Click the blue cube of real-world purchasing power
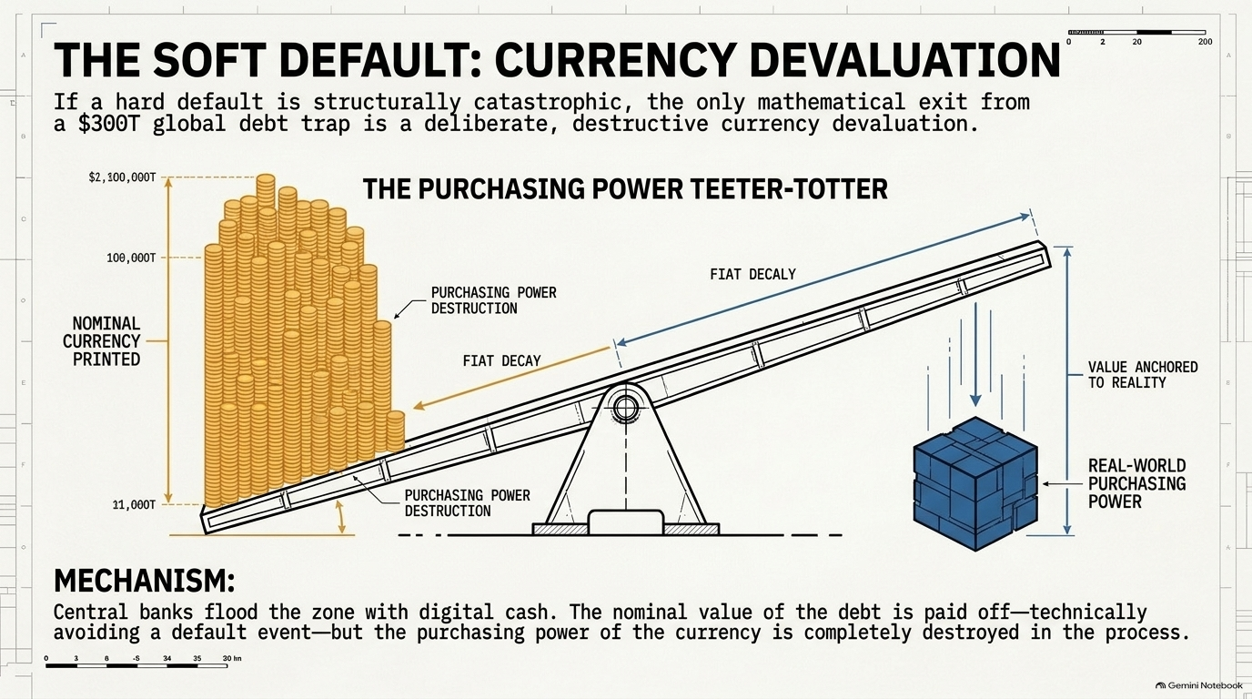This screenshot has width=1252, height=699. [x=975, y=483]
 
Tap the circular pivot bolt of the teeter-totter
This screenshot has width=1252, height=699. [x=625, y=407]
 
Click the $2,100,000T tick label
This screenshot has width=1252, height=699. [x=122, y=177]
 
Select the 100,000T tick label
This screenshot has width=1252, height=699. [x=131, y=258]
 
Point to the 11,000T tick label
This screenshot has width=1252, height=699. [x=134, y=505]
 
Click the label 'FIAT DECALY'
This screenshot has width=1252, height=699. [x=752, y=274]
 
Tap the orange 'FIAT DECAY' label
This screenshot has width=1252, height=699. [x=502, y=360]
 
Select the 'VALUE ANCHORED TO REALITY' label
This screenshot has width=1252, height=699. [x=1143, y=375]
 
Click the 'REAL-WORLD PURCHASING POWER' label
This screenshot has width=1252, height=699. [x=1136, y=483]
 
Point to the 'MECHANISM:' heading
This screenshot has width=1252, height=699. [x=144, y=582]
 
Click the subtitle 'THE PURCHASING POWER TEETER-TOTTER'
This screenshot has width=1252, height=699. [x=625, y=189]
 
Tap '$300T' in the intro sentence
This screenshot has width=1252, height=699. [x=107, y=124]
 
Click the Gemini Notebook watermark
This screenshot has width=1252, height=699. [x=1198, y=685]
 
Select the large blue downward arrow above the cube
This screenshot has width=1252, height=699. [x=975, y=355]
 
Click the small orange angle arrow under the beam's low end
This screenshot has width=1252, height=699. [x=340, y=517]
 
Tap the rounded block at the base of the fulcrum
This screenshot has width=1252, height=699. [x=626, y=522]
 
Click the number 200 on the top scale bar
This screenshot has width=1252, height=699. [x=1205, y=42]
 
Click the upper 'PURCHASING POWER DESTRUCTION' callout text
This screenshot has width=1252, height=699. [x=493, y=300]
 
